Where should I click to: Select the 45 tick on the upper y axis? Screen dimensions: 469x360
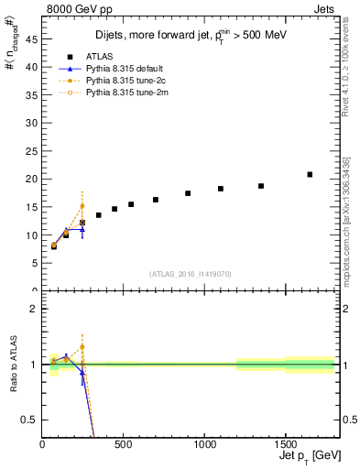point(32,38)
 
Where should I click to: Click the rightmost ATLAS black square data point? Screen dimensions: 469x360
point(310,174)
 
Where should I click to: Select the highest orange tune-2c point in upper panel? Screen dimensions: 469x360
point(82,206)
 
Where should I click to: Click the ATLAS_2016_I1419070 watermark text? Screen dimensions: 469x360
point(190,273)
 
